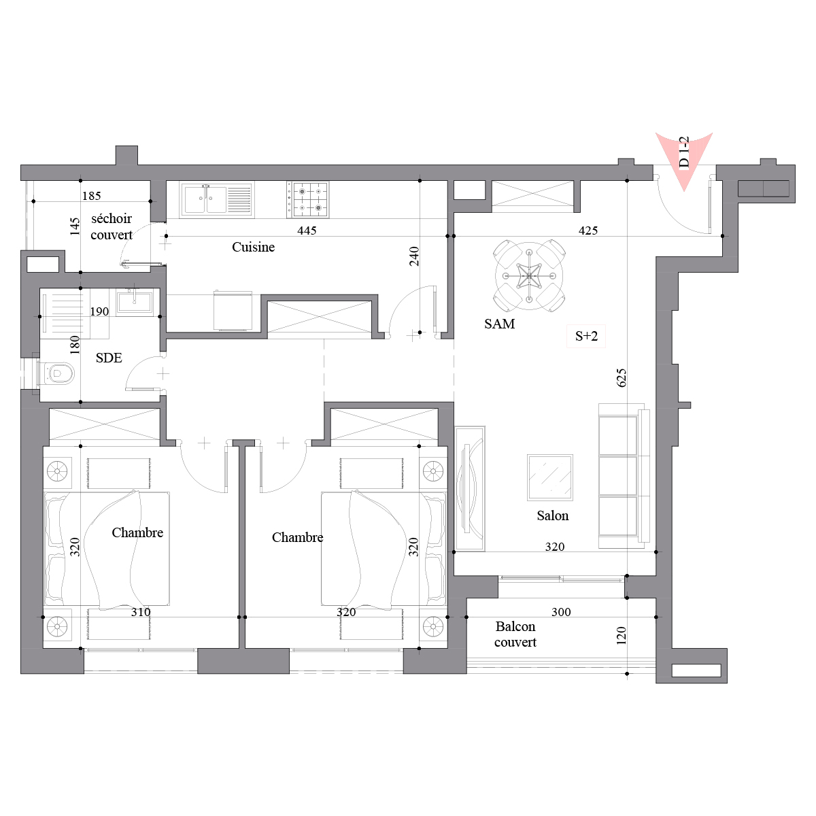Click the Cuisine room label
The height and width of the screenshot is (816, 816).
tap(253, 247)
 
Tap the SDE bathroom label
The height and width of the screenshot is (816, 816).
tap(109, 358)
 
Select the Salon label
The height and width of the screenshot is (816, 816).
tap(553, 515)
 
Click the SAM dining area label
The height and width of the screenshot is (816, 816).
tap(500, 324)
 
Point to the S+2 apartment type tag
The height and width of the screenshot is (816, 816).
tap(586, 336)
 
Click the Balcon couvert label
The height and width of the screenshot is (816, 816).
tap(515, 634)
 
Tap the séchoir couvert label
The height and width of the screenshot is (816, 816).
tap(112, 226)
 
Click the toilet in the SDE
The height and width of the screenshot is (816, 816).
tap(56, 373)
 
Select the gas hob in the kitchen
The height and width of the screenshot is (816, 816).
tap(308, 200)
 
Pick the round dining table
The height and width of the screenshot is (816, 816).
tap(529, 276)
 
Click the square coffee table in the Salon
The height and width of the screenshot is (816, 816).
tap(550, 477)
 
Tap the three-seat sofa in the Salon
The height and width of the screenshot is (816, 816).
tap(624, 477)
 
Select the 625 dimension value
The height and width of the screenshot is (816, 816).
tap(622, 377)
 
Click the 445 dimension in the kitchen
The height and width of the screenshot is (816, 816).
tap(307, 231)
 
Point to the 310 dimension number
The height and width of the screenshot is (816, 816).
tap(141, 612)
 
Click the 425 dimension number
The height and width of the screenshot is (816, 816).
tap(588, 231)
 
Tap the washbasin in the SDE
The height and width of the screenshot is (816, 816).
tap(135, 301)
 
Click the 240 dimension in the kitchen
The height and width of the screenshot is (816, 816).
tap(414, 256)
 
